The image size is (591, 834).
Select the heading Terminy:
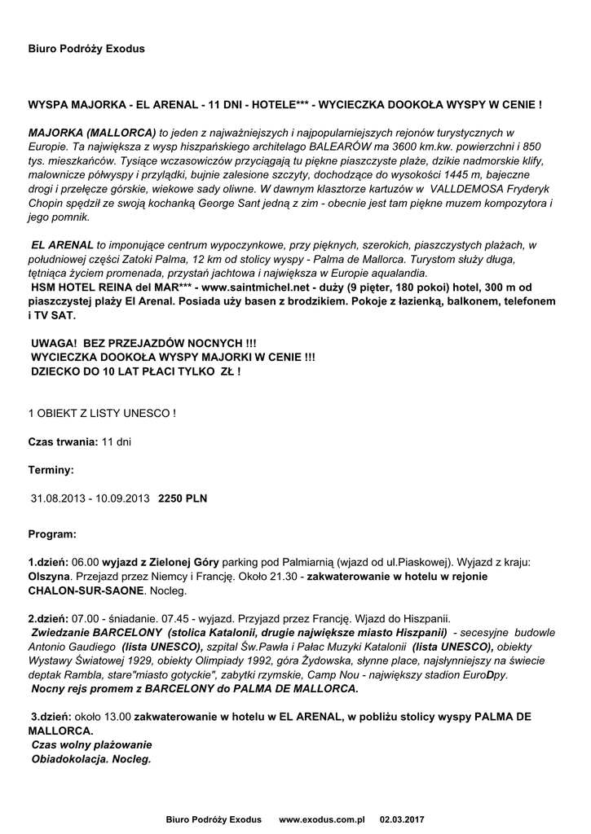51,469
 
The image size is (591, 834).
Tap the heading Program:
52,534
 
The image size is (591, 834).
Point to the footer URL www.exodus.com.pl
321,818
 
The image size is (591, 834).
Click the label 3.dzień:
51,716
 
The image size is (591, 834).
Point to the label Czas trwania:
64,441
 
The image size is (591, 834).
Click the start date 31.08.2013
57,497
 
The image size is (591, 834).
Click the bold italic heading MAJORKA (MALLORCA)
92,132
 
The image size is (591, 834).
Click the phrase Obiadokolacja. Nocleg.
91,757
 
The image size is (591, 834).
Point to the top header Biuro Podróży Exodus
86,49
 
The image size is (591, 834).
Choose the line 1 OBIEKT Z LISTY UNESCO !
102,413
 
